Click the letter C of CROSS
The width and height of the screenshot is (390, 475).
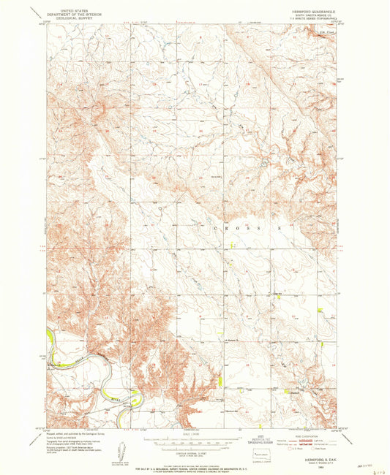point(217,228)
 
